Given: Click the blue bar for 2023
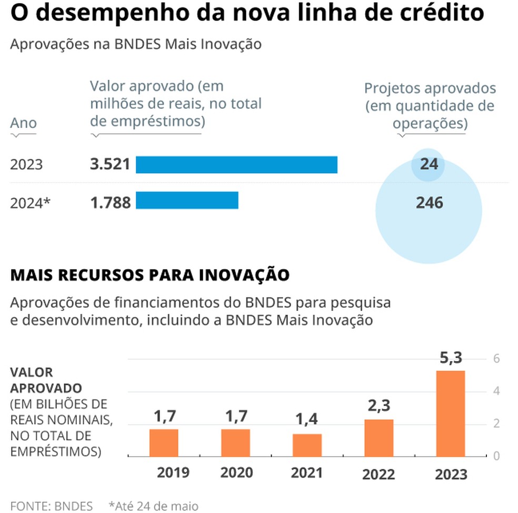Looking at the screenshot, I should (236, 165).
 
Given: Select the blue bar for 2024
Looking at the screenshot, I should (187, 200).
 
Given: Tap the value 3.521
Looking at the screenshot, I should (110, 164).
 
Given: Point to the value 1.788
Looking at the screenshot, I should (110, 202).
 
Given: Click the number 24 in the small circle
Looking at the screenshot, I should (429, 164).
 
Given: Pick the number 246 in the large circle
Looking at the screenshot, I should (429, 202).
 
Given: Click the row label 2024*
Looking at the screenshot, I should (31, 203).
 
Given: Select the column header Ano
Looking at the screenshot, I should (24, 123).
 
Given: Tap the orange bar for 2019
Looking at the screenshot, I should (164, 442).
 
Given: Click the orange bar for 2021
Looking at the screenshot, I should (307, 445).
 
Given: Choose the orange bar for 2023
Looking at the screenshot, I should (450, 414).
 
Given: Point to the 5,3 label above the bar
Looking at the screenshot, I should (450, 359).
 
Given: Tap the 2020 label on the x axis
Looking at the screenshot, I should (236, 472).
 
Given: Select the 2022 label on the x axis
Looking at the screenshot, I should (378, 474).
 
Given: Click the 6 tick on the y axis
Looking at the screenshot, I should (495, 358).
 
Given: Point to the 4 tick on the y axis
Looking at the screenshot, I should (495, 391).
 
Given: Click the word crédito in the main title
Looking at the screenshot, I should (439, 13).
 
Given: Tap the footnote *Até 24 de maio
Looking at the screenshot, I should (154, 506).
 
